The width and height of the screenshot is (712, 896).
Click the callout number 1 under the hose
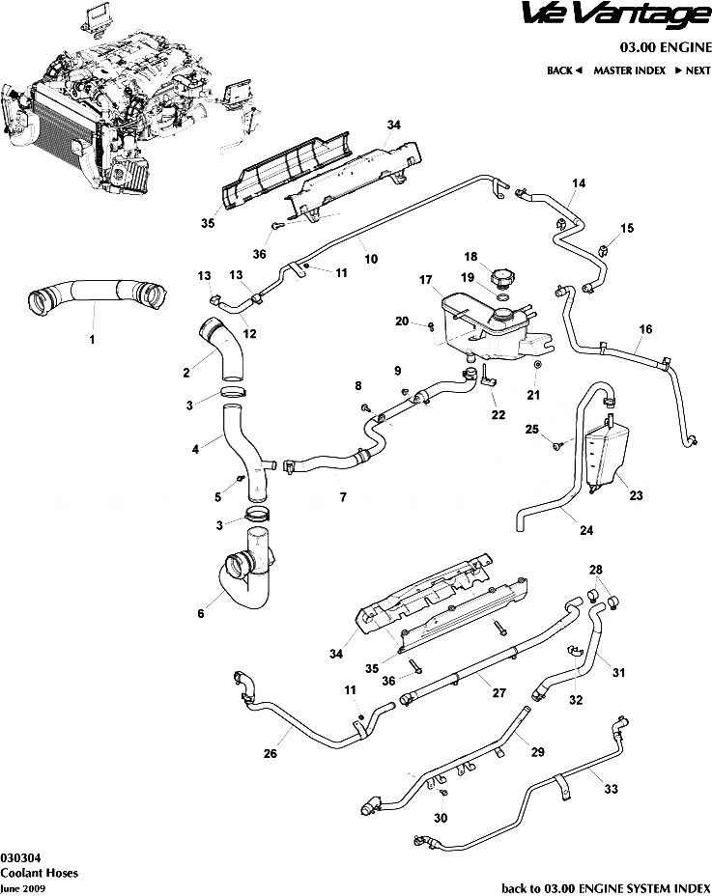click(93, 339)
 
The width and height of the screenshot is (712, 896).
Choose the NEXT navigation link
click(693, 70)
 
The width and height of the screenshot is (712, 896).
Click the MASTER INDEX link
click(629, 70)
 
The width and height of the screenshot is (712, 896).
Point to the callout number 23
click(635, 497)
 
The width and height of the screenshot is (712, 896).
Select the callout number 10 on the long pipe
click(370, 259)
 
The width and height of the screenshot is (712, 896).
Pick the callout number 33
click(611, 788)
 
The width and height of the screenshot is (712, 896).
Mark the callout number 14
click(579, 183)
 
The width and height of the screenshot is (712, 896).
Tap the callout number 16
click(645, 330)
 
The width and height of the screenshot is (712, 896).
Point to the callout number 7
click(341, 498)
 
